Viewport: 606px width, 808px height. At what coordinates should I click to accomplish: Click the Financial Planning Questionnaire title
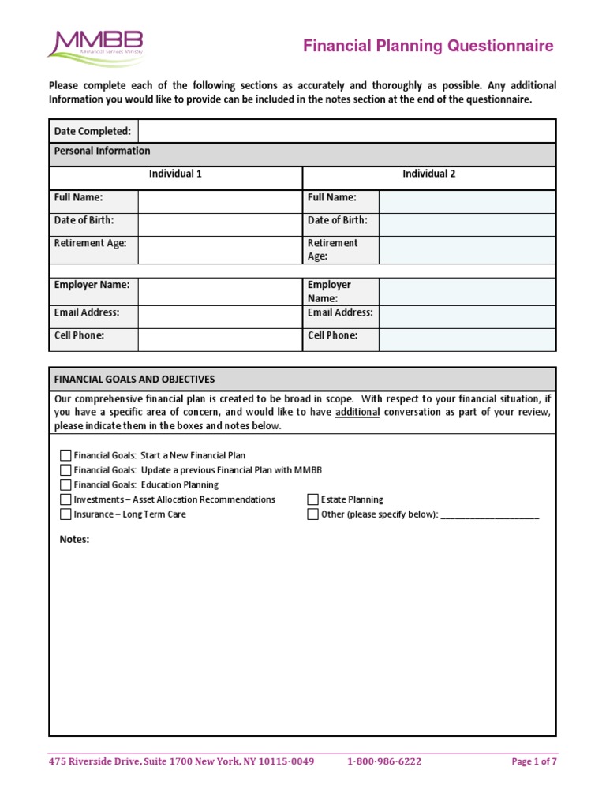[x=428, y=47]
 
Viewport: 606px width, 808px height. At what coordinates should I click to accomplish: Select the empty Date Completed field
[x=346, y=131]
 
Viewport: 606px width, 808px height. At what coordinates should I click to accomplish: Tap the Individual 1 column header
[x=175, y=174]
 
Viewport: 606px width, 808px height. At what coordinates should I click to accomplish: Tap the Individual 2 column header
[x=429, y=174]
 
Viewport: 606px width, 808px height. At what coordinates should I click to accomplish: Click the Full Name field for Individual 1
[x=219, y=202]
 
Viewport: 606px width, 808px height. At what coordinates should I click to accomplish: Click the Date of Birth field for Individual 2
[x=467, y=225]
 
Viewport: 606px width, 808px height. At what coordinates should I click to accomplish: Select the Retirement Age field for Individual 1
[x=219, y=250]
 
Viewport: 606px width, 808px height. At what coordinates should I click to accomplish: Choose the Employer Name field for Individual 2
[x=467, y=291]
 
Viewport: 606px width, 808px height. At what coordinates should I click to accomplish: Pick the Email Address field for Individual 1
[x=219, y=317]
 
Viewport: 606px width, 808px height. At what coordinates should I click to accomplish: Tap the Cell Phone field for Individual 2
[x=467, y=340]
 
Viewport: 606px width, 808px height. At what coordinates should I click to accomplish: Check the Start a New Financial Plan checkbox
[x=65, y=455]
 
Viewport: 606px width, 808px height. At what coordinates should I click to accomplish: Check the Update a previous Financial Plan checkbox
[x=65, y=470]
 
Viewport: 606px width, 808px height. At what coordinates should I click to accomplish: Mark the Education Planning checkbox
[x=65, y=485]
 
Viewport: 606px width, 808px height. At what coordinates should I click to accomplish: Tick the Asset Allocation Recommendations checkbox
[x=65, y=499]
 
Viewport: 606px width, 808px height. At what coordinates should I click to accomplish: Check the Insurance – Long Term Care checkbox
[x=65, y=514]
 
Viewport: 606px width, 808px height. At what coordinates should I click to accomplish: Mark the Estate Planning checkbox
[x=313, y=499]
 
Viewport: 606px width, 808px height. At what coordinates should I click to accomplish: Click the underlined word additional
[x=357, y=413]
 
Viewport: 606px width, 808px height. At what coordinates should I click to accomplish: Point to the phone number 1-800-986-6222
[x=384, y=761]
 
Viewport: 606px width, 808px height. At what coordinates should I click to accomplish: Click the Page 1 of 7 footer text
[x=534, y=761]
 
